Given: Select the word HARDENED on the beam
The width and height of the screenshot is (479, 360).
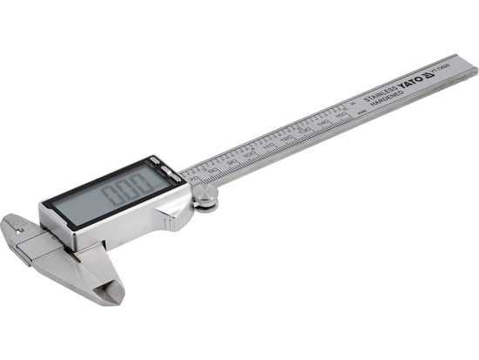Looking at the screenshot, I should (x=386, y=98).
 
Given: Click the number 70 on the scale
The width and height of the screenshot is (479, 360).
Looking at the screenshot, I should (x=193, y=179).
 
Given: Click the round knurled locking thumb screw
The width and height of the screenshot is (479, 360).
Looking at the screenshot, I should (x=206, y=201).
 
